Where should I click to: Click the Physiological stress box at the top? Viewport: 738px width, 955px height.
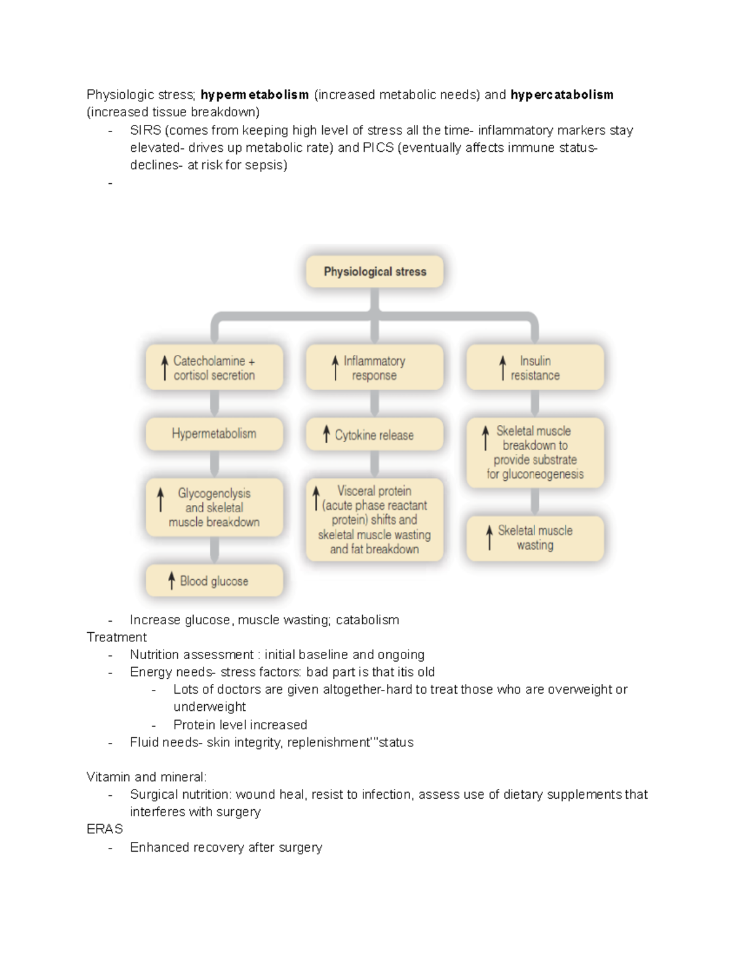[375, 272]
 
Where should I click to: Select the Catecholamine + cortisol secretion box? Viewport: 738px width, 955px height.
[214, 368]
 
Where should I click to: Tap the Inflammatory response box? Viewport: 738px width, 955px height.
[375, 368]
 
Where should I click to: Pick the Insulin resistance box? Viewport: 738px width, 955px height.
[535, 368]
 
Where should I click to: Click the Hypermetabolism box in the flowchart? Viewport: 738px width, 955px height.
[214, 434]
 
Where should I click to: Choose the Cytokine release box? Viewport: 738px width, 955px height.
[375, 435]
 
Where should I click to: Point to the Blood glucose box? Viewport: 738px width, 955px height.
[214, 581]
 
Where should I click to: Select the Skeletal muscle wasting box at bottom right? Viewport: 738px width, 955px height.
[535, 538]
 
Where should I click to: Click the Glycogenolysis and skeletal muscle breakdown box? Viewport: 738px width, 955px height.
[214, 507]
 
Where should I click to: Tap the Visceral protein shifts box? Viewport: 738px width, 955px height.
[375, 520]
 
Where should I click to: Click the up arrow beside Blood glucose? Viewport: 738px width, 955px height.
[172, 581]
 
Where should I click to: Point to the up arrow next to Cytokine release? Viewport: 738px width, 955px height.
[327, 434]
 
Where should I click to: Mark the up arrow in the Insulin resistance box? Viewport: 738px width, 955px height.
[502, 367]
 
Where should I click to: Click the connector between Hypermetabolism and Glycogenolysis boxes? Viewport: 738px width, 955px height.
[214, 464]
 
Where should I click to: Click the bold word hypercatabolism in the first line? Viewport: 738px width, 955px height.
[561, 95]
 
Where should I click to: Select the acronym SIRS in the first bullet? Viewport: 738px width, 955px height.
[145, 130]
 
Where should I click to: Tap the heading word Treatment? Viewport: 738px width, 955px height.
[117, 637]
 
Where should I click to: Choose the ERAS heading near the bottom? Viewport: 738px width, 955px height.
[105, 829]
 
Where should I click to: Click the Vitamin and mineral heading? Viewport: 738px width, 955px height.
[146, 777]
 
